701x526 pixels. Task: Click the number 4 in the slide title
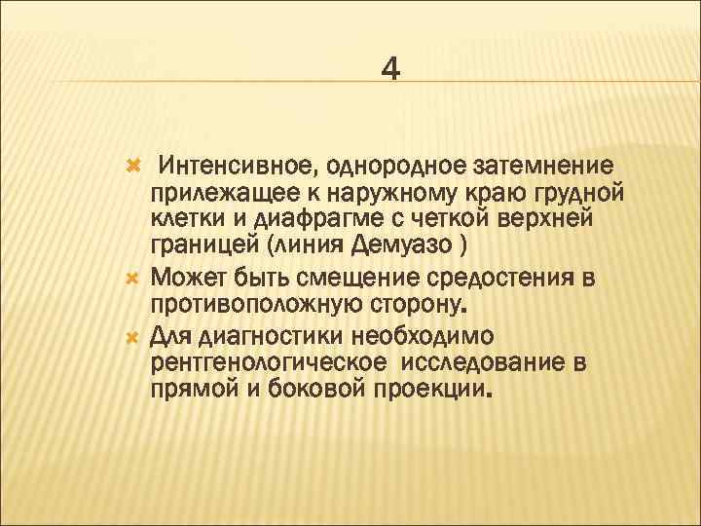tap(389, 69)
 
